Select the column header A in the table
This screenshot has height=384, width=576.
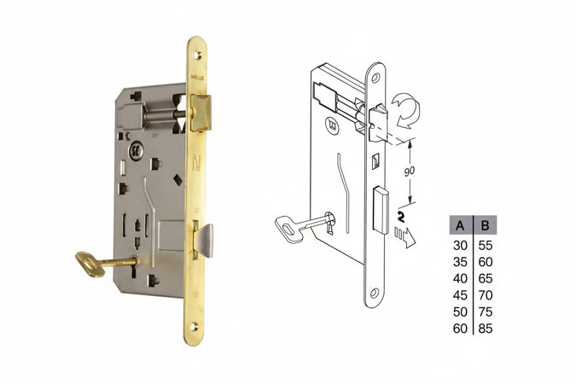460,225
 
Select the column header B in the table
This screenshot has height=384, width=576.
485,225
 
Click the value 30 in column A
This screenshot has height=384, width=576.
460,246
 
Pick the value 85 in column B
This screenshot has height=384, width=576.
486,329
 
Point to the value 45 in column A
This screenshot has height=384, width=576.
460,295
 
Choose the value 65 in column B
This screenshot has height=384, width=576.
486,278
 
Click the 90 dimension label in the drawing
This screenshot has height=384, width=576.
409,172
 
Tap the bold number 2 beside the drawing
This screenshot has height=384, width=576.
401,217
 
